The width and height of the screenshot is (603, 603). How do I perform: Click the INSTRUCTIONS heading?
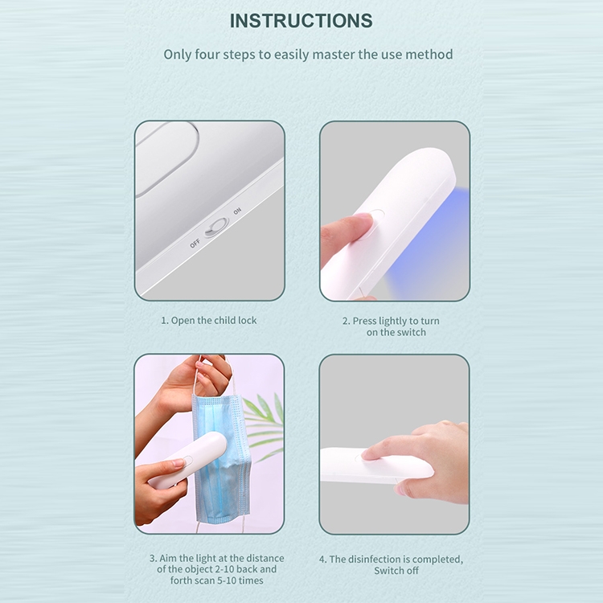coord(301,21)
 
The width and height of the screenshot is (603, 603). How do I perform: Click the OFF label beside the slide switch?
coord(195,243)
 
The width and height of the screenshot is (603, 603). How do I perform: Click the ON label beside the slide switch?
coord(237,211)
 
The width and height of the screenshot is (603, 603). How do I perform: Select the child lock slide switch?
coord(216,228)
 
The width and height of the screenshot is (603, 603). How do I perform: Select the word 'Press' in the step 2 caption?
coord(364,321)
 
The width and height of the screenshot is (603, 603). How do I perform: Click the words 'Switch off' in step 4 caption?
coord(396,571)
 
